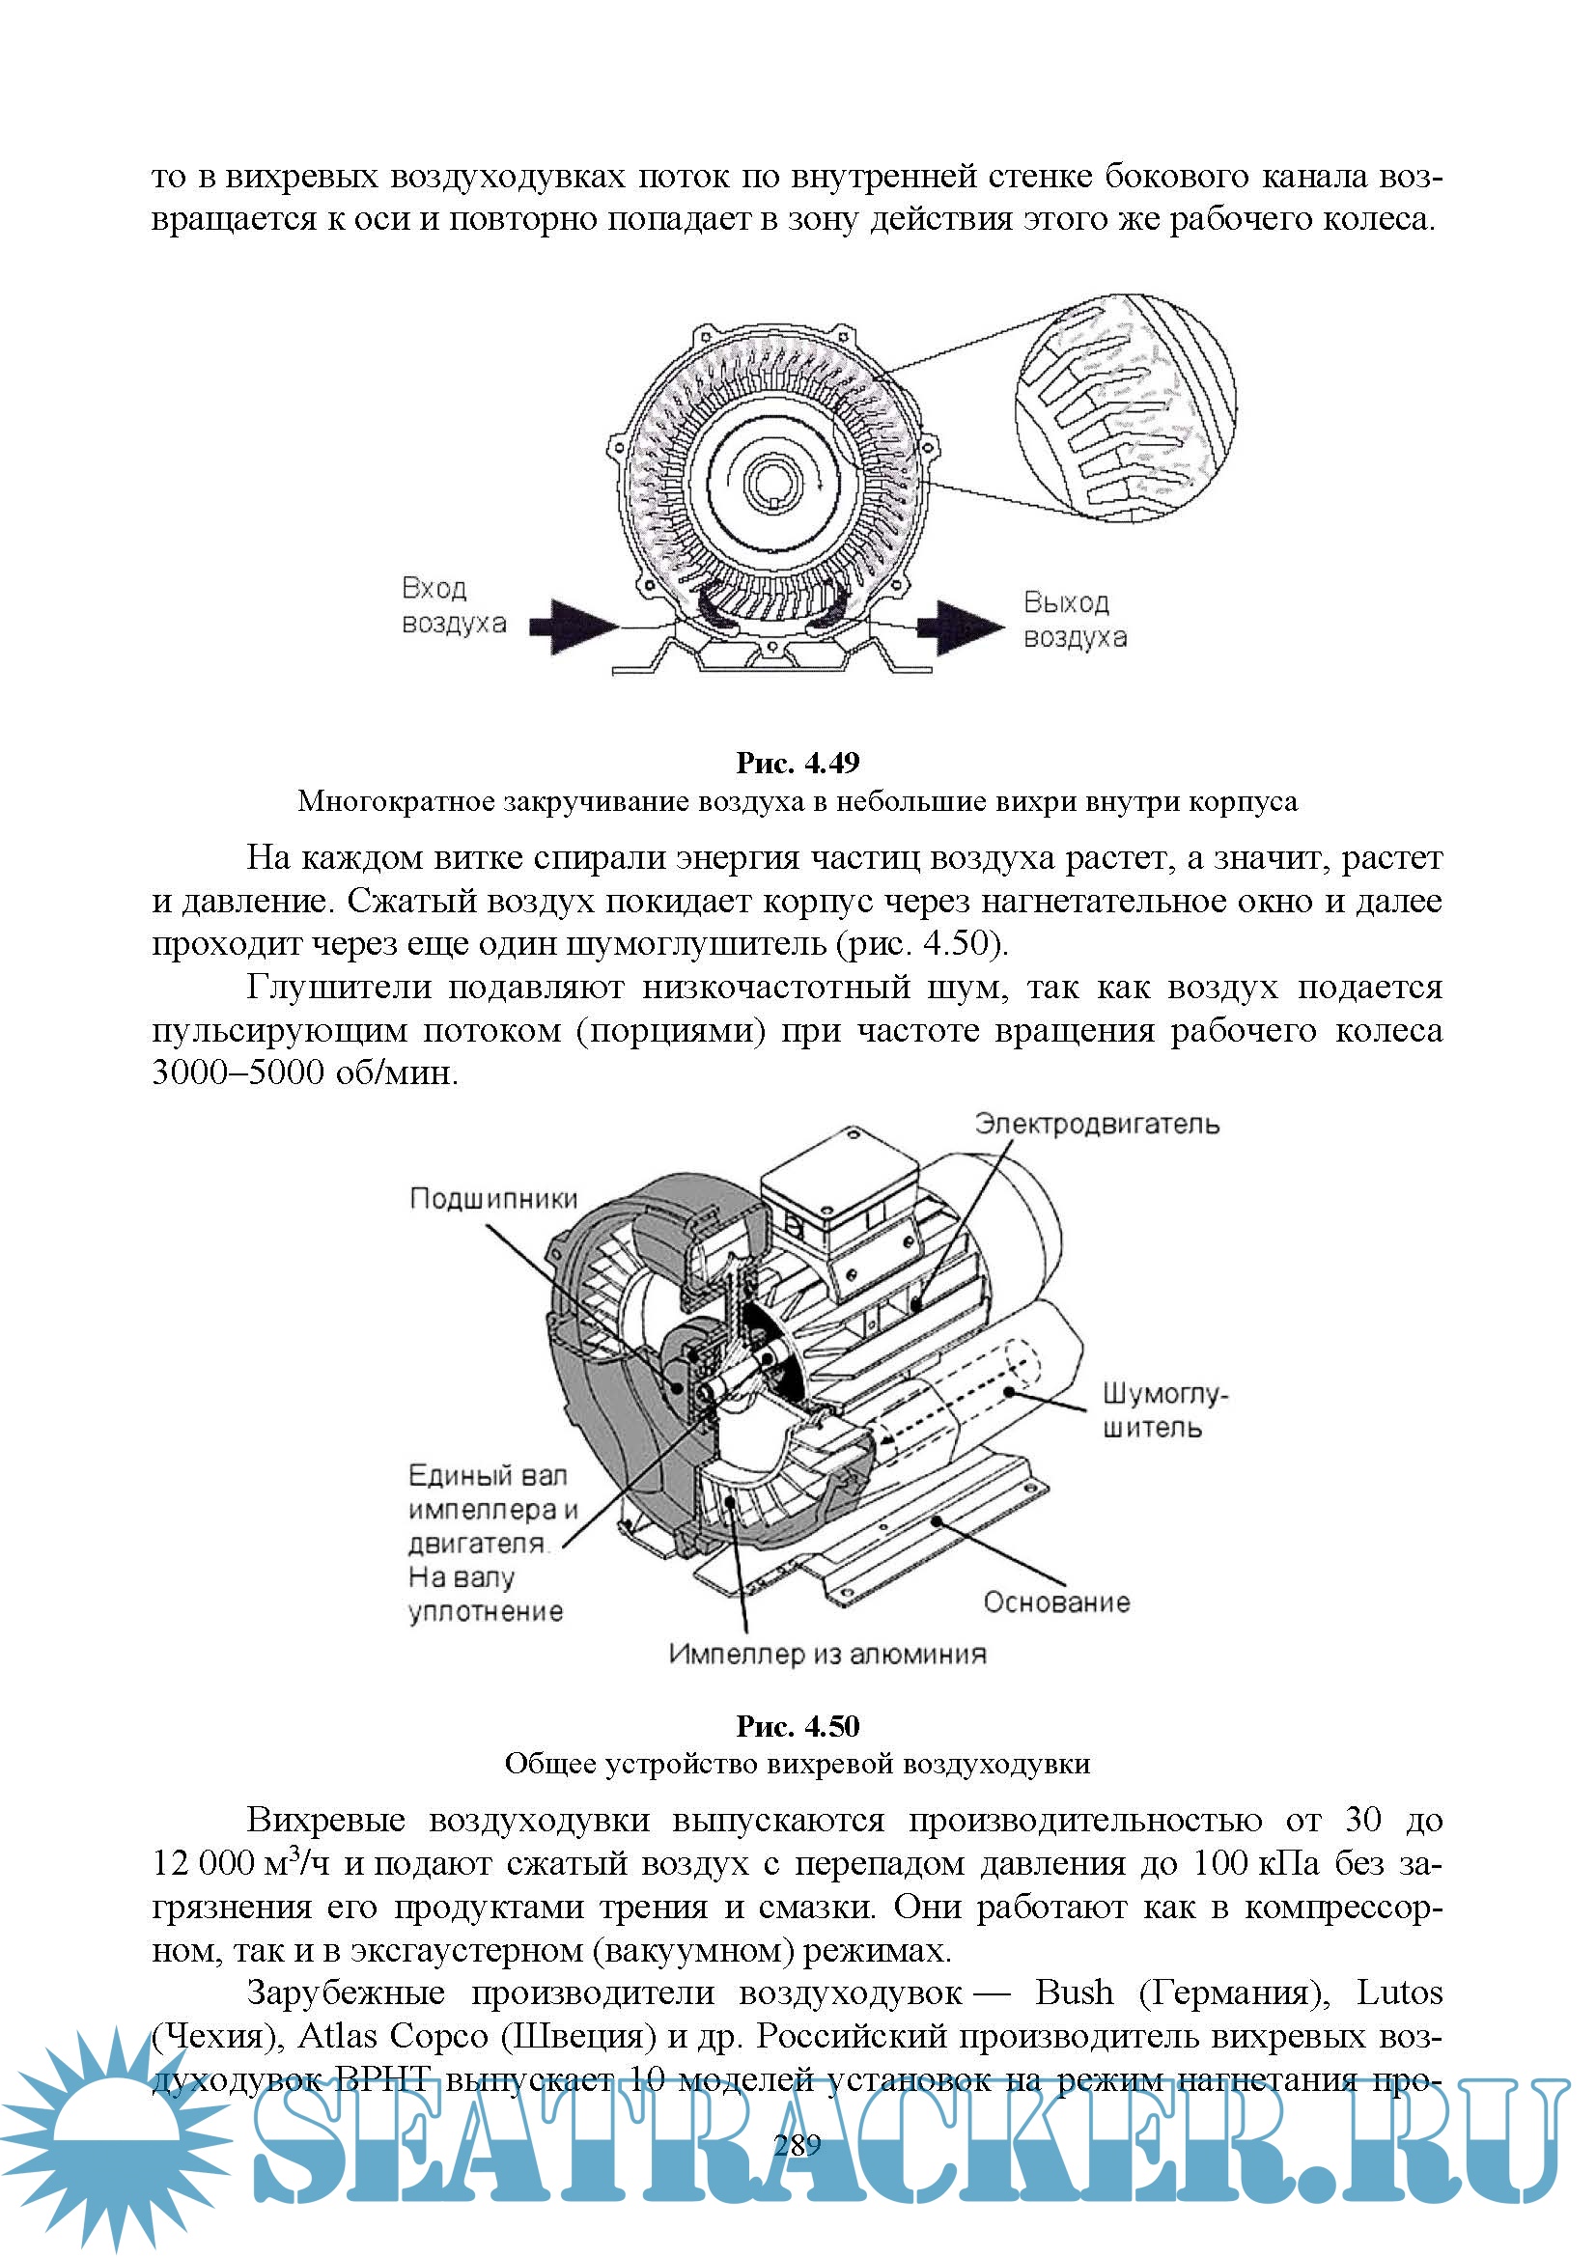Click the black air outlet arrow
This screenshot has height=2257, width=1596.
[x=961, y=626]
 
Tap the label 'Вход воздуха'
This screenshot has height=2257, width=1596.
[x=454, y=605]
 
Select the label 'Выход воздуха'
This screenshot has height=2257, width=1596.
[x=1075, y=620]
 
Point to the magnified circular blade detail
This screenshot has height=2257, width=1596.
[x=1125, y=407]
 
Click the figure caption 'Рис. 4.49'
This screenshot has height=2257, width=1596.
[x=798, y=763]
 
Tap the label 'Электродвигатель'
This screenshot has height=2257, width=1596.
[x=1097, y=1124]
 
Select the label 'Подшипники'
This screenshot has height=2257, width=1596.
[x=493, y=1198]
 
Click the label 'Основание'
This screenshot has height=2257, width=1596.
[x=1057, y=1602]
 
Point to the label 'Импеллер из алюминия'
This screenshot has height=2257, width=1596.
[x=827, y=1654]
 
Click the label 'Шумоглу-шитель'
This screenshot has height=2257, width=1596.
[x=1164, y=1410]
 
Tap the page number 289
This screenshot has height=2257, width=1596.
[x=798, y=2145]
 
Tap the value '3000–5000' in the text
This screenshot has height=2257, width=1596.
[x=238, y=1072]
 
